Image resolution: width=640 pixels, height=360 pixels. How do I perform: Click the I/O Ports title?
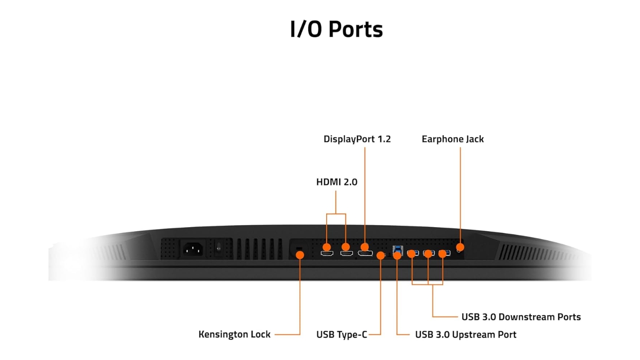(336, 29)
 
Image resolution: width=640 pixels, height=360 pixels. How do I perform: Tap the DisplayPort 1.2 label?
(357, 139)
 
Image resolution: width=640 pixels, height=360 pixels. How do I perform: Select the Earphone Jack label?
(452, 139)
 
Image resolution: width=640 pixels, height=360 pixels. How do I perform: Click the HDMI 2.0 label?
(336, 182)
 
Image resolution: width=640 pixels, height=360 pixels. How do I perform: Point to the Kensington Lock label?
(234, 334)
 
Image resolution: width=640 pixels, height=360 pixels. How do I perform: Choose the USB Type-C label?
(341, 334)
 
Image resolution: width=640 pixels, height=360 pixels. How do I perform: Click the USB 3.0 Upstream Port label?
(465, 334)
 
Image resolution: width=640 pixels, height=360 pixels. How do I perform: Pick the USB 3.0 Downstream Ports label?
(521, 317)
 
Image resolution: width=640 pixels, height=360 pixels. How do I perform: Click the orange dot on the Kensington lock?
(300, 255)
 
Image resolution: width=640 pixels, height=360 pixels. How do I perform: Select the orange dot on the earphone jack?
(460, 247)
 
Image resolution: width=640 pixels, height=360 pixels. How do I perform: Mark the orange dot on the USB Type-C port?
(380, 256)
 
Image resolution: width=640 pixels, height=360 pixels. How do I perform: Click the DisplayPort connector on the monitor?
(365, 254)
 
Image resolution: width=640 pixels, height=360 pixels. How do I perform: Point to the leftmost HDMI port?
(327, 254)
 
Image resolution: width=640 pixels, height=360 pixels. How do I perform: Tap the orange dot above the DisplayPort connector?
(364, 247)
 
